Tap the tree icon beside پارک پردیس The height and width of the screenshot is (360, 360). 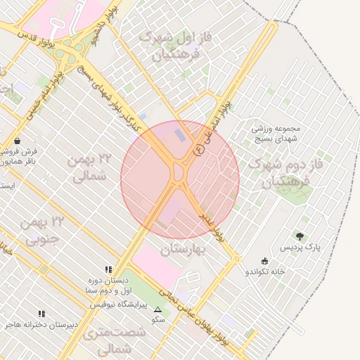tap(300, 236)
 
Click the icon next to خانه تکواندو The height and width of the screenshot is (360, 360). tap(264, 260)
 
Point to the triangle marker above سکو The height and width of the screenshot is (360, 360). tap(157, 309)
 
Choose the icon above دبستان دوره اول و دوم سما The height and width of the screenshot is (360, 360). tap(108, 269)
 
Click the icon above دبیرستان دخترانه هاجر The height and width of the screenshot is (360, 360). tap(41, 314)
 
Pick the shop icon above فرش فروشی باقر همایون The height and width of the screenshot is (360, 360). tap(17, 141)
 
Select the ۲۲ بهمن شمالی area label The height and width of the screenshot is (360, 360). tap(87, 168)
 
